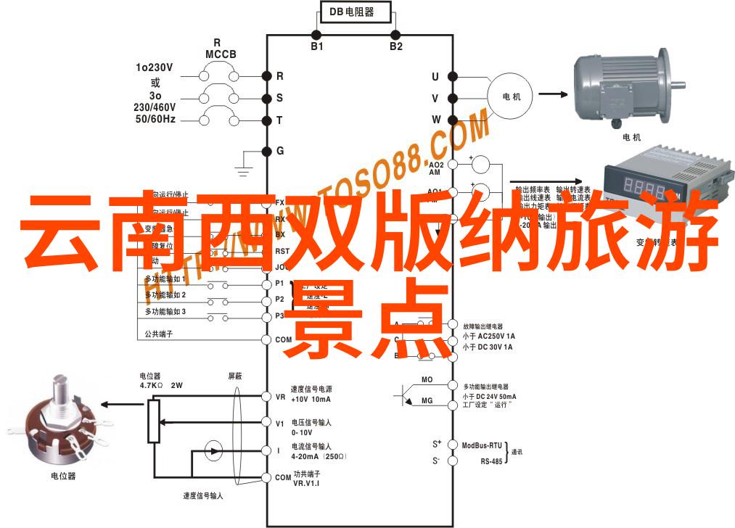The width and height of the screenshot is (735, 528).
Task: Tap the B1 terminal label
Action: (x=317, y=46)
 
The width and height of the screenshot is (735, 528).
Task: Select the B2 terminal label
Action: (x=395, y=46)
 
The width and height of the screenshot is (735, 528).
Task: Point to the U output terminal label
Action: (x=435, y=77)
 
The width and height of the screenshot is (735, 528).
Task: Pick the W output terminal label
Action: (x=436, y=119)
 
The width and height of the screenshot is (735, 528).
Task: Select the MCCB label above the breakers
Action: (x=217, y=54)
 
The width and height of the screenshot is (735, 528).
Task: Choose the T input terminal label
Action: (x=279, y=120)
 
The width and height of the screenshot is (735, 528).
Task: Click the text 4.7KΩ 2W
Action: (x=161, y=385)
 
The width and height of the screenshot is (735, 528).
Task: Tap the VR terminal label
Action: (x=280, y=397)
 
